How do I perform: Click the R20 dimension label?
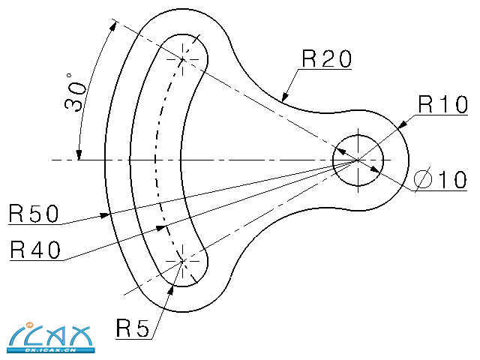pos(326,58)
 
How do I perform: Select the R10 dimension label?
pos(442,104)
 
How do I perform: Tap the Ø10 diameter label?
pos(441,180)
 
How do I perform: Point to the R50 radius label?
pos(34,214)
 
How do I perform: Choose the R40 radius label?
pos(35,250)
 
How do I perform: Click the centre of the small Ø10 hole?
pos(358,160)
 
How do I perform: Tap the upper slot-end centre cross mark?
pos(184,58)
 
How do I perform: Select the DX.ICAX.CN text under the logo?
pos(52,349)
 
